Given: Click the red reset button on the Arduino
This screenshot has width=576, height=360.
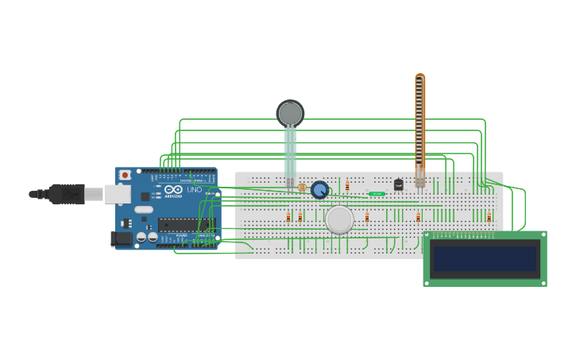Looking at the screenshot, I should pos(125,175).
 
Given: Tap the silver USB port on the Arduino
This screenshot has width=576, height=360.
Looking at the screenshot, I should pos(118,194).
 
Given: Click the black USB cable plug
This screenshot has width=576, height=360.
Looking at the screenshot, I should pos(68,194).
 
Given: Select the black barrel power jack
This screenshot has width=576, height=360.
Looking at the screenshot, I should pos(121,238).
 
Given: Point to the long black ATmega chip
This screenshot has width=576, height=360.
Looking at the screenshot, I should pos(186,225).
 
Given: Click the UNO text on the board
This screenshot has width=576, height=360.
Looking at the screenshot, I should pos(194,189).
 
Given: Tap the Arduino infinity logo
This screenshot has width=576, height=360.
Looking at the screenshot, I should pos(174,189).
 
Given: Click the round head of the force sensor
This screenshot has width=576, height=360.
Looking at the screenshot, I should pos(290,114).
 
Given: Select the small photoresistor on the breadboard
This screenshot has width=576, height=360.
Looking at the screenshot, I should pos(302,188).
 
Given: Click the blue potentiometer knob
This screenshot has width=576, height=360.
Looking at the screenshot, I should pos(319,190).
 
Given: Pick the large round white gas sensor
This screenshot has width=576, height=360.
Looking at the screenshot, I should pos(339,219).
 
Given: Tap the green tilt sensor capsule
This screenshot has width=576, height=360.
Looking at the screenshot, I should pos(377,194).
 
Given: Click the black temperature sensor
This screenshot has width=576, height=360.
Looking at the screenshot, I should pos(399,185).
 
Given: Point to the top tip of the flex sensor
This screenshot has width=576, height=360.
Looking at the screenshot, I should pos(419,77).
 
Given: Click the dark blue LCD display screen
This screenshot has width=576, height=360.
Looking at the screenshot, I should pos(485,258).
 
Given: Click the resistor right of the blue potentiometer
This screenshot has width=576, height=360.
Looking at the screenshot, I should pos(347,186).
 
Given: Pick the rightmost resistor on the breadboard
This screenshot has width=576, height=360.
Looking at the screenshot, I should pos(489,218).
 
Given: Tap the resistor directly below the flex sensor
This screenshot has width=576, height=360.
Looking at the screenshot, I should pos(418,218).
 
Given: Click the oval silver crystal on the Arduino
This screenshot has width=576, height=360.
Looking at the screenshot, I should pos(144,210).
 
